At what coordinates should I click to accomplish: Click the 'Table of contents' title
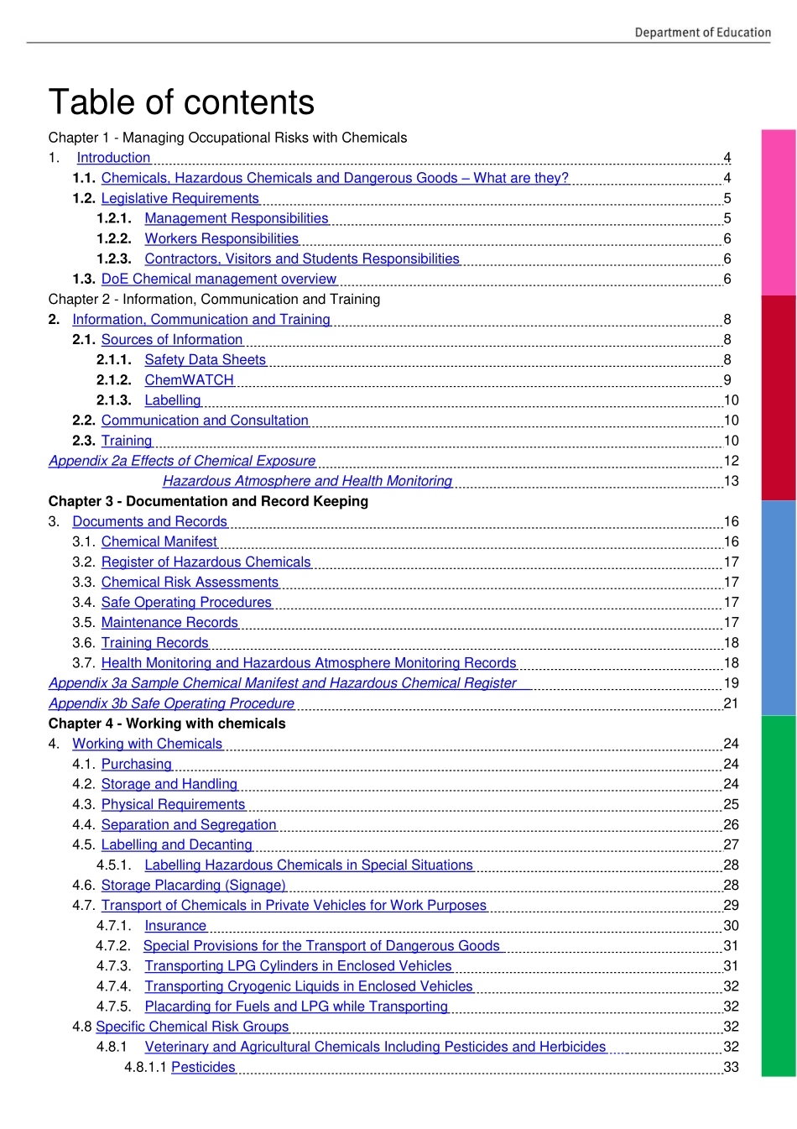pyautogui.click(x=181, y=102)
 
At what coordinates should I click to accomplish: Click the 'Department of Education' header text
pyautogui.click(x=702, y=33)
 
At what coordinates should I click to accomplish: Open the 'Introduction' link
pyautogui.click(x=113, y=158)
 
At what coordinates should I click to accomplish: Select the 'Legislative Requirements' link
pyautogui.click(x=180, y=198)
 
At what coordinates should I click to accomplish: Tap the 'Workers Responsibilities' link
pyautogui.click(x=221, y=238)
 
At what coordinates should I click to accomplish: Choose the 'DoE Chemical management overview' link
pyautogui.click(x=218, y=279)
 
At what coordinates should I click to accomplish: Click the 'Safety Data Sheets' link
pyautogui.click(x=205, y=359)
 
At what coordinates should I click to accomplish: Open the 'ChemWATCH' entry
pyautogui.click(x=189, y=379)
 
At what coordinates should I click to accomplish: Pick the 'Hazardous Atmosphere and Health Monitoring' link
pyautogui.click(x=307, y=481)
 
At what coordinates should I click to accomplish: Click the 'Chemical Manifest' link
pyautogui.click(x=159, y=541)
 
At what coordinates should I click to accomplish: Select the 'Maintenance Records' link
pyautogui.click(x=169, y=622)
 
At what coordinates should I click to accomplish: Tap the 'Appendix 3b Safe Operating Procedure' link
pyautogui.click(x=171, y=703)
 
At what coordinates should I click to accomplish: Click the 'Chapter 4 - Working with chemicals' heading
pyautogui.click(x=167, y=724)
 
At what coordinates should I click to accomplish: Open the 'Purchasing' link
pyautogui.click(x=136, y=764)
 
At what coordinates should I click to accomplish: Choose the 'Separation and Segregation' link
pyautogui.click(x=189, y=824)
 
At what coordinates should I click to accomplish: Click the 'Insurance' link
pyautogui.click(x=175, y=925)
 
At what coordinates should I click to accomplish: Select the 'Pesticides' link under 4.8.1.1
pyautogui.click(x=203, y=1067)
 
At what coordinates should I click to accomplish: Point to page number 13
pyautogui.click(x=731, y=481)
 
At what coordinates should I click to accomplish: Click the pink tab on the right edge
pyautogui.click(x=779, y=212)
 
